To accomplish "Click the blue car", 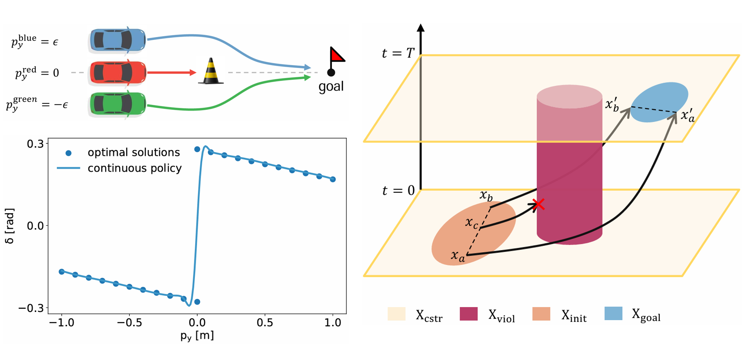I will [117, 40].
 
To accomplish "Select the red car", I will [117, 72].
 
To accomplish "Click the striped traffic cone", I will [211, 72].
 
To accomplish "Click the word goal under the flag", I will [331, 87].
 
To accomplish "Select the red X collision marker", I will [538, 204].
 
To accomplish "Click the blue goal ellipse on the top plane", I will [659, 103].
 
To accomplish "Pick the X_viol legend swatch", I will [468, 314].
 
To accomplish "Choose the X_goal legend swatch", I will [613, 314].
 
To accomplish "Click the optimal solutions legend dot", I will [68, 153].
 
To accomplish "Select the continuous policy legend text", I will [135, 168].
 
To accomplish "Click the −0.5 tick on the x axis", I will [129, 323].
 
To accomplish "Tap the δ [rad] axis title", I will [10, 226].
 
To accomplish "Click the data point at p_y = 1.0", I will [333, 179].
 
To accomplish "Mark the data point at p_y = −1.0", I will [62, 272].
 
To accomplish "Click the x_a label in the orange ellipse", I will [458, 256].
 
